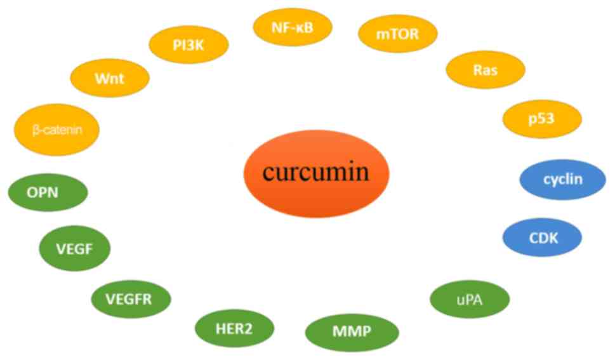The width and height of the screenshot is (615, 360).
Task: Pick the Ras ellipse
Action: click(486, 69)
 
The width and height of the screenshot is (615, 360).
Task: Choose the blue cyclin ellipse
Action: click(562, 180)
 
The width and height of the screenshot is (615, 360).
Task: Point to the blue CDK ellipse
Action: click(541, 238)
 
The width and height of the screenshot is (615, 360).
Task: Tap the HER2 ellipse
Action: click(235, 328)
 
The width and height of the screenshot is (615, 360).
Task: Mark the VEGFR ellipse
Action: click(131, 297)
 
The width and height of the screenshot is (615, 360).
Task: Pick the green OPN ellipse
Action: click(48, 190)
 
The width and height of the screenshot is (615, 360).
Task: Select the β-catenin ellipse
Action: click(57, 130)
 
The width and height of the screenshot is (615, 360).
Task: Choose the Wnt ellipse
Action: click(110, 78)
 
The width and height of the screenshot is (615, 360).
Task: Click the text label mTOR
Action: click(398, 34)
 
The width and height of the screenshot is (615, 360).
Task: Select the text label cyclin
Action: click(562, 180)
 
